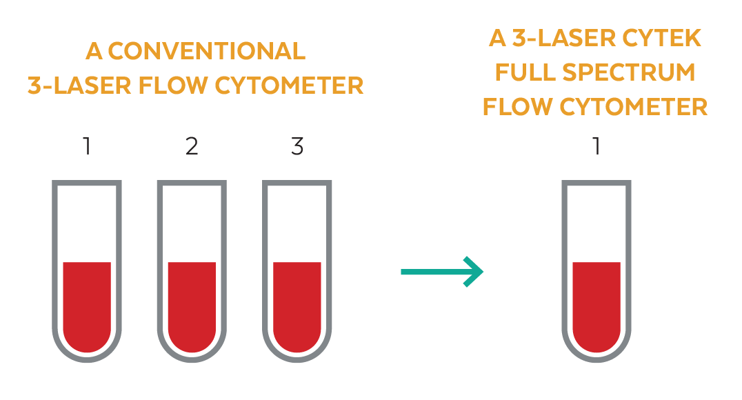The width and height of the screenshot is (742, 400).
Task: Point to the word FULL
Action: [x=523, y=72]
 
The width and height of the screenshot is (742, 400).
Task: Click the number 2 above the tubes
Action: [x=192, y=147]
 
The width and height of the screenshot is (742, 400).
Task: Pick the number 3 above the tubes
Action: [x=297, y=147]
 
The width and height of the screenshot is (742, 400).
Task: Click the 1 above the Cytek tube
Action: [x=596, y=147]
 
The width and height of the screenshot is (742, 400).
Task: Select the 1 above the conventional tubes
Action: [x=87, y=147]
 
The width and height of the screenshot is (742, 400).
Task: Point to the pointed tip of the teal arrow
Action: [x=483, y=272]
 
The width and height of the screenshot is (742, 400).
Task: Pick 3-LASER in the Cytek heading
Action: [x=554, y=39]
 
